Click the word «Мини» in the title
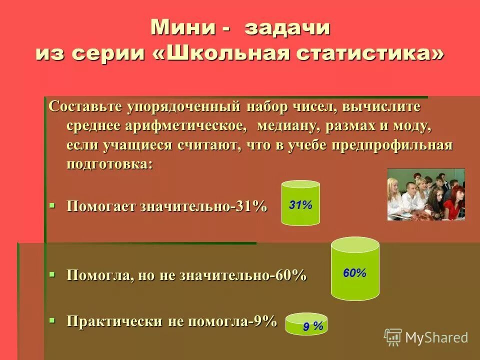click(x=183, y=27)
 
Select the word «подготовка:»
click(x=109, y=164)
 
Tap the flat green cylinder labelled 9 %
click(x=306, y=324)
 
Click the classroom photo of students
click(x=426, y=194)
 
